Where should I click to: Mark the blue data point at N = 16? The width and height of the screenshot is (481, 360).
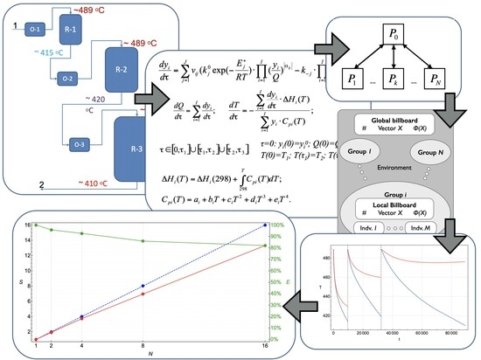[x=263, y=225]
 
